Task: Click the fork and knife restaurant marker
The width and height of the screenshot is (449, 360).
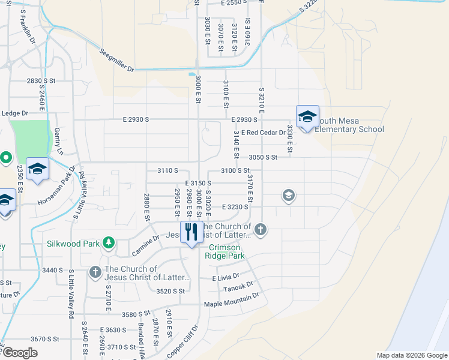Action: [191, 232]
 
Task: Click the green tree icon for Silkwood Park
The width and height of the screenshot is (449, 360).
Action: [109, 242]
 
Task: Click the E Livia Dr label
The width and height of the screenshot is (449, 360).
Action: [225, 278]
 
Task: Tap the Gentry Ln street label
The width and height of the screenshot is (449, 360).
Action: [58, 143]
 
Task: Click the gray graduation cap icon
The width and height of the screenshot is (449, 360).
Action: [289, 196]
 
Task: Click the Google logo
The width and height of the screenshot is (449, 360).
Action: [19, 353]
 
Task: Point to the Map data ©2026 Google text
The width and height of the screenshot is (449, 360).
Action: [412, 355]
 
